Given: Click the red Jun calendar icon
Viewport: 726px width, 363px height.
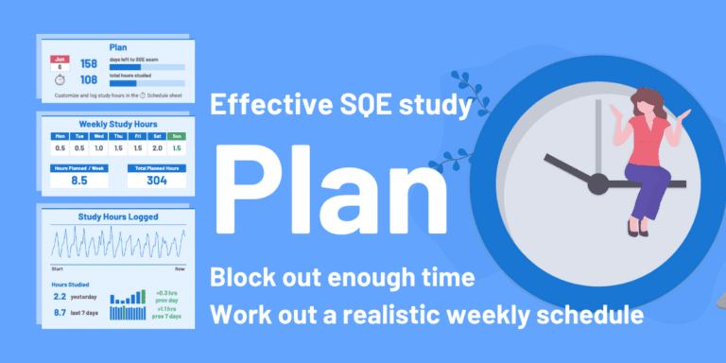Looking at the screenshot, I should click(x=59, y=63).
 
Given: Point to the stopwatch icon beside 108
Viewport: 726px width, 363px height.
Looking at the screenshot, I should click(x=59, y=81).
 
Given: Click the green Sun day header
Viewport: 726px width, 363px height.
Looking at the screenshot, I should click(x=178, y=135).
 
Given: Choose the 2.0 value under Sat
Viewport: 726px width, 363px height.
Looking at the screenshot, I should click(x=158, y=147).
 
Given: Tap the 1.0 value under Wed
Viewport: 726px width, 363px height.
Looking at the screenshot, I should click(x=98, y=147).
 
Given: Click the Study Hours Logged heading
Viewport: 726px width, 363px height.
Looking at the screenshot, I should click(x=117, y=216).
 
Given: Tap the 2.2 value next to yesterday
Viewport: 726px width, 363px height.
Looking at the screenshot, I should click(x=60, y=296).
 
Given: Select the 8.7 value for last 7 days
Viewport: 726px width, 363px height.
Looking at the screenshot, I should click(x=60, y=311).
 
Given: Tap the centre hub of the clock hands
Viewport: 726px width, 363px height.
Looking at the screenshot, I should click(x=597, y=184).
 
